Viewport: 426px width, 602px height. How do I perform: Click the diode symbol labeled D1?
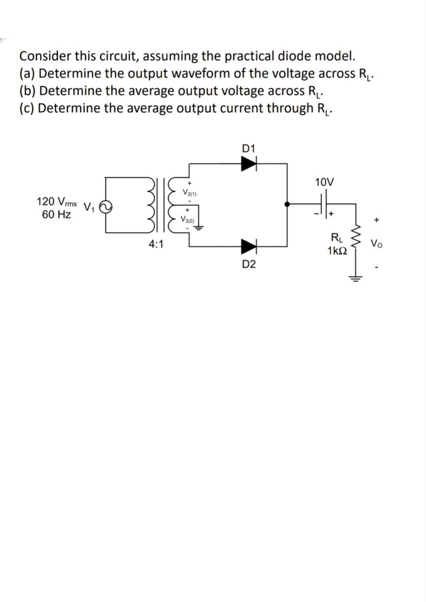248,163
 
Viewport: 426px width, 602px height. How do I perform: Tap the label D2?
249,264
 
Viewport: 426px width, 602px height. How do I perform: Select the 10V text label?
325,182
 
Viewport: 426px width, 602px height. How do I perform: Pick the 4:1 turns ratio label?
156,244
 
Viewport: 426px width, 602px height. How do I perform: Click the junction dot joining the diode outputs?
287,204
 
